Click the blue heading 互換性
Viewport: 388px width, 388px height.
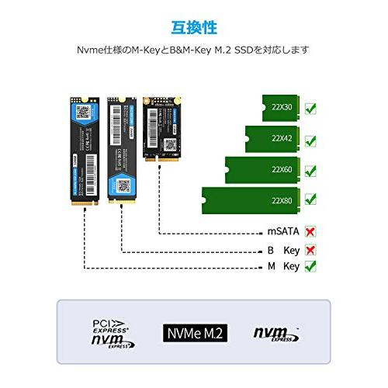coord(194,28)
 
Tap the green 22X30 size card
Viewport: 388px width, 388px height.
coord(279,107)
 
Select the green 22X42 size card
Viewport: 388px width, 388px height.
coord(272,138)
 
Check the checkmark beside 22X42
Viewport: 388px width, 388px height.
coord(310,140)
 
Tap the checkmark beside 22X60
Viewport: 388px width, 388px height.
coord(310,170)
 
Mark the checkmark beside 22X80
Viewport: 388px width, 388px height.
coord(310,199)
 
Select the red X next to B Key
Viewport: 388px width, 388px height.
coord(310,249)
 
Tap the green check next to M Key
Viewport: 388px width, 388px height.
coord(310,266)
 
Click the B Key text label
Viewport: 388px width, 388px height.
coord(282,250)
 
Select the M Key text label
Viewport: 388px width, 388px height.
coord(282,267)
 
